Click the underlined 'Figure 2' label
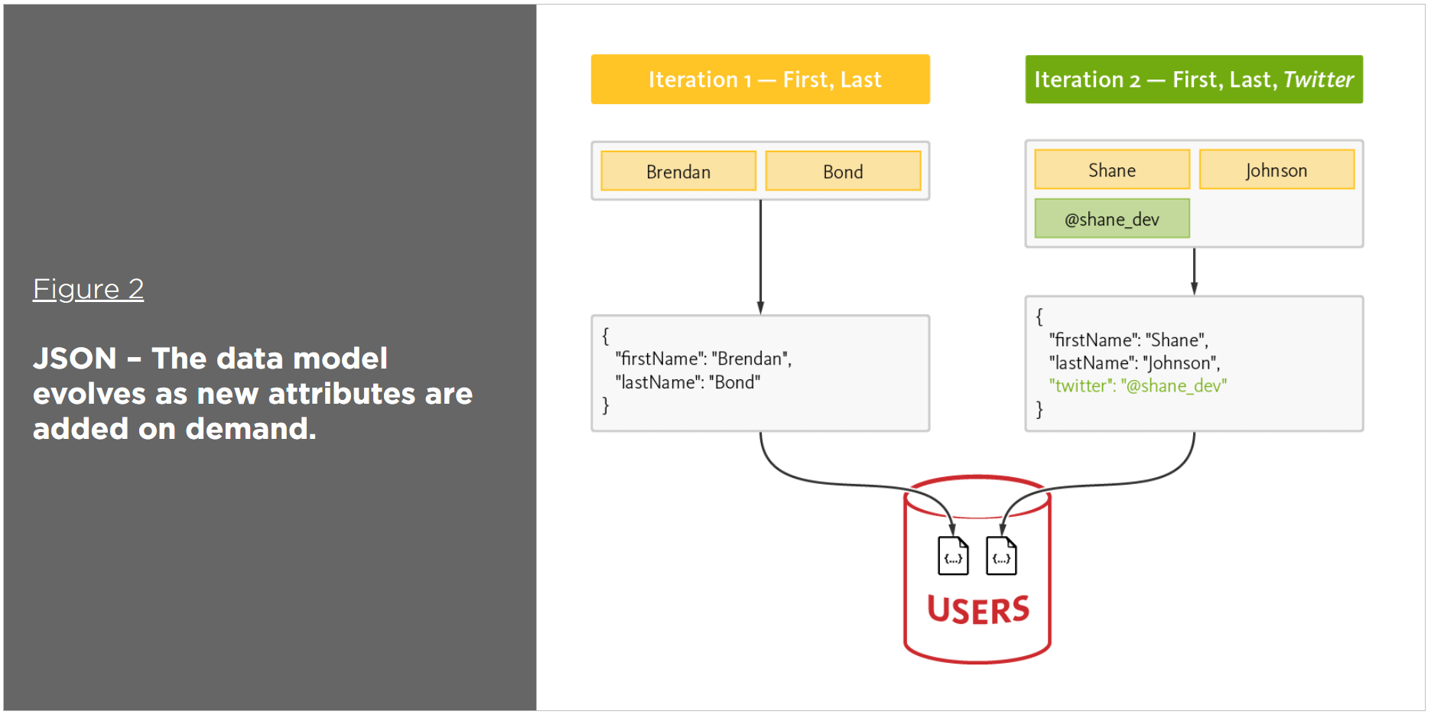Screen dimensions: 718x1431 pyautogui.click(x=88, y=289)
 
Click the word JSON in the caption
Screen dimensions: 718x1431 pyautogui.click(x=74, y=359)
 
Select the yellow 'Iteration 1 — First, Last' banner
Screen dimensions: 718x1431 pyautogui.click(x=759, y=80)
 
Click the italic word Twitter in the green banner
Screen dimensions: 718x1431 pyautogui.click(x=1318, y=80)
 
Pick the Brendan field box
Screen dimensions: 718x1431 pyautogui.click(x=678, y=171)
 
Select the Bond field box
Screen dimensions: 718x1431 pyautogui.click(x=842, y=171)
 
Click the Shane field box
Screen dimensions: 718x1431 pyautogui.click(x=1111, y=170)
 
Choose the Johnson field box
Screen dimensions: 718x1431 pyautogui.click(x=1276, y=170)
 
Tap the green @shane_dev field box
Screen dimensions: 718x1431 pyautogui.click(x=1111, y=219)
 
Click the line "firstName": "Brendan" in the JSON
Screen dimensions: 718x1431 pyautogui.click(x=703, y=359)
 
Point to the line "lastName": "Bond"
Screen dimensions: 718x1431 pyautogui.click(x=687, y=382)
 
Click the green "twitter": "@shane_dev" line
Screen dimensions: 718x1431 pyautogui.click(x=1137, y=385)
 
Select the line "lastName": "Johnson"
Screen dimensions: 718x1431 pyautogui.click(x=1133, y=362)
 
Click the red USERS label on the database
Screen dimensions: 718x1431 pyautogui.click(x=977, y=610)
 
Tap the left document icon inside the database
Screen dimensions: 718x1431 pyautogui.click(x=953, y=556)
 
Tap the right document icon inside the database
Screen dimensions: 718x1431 pyautogui.click(x=1001, y=556)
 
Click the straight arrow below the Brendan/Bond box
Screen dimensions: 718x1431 pyautogui.click(x=760, y=257)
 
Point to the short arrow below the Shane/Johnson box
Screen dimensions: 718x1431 pyautogui.click(x=1194, y=271)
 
